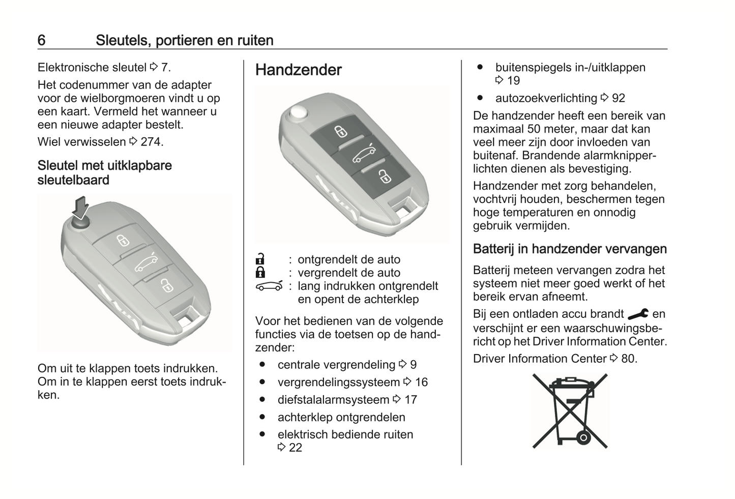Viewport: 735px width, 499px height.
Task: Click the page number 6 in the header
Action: pos(42,40)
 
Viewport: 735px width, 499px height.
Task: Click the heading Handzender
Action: pos(298,70)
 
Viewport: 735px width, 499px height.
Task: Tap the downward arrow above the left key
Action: pos(80,207)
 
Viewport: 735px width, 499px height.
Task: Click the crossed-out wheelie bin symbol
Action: pos(570,410)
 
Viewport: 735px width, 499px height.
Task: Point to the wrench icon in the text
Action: pos(638,314)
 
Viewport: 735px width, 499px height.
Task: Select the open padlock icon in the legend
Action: pos(260,259)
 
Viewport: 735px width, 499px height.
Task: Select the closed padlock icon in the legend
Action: pos(260,272)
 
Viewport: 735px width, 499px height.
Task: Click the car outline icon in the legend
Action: pos(269,286)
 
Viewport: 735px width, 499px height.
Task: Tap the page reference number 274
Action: pos(151,142)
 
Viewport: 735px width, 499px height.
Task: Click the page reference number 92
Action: pos(618,98)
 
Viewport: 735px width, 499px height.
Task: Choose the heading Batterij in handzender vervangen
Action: pos(570,249)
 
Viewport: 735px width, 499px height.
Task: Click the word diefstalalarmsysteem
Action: pos(333,400)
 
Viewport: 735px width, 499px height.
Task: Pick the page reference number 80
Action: pos(628,359)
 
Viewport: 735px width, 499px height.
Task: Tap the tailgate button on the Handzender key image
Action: pos(363,154)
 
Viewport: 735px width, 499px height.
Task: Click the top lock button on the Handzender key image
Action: pos(340,132)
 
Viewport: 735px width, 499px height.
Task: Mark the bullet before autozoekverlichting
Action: pos(480,98)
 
